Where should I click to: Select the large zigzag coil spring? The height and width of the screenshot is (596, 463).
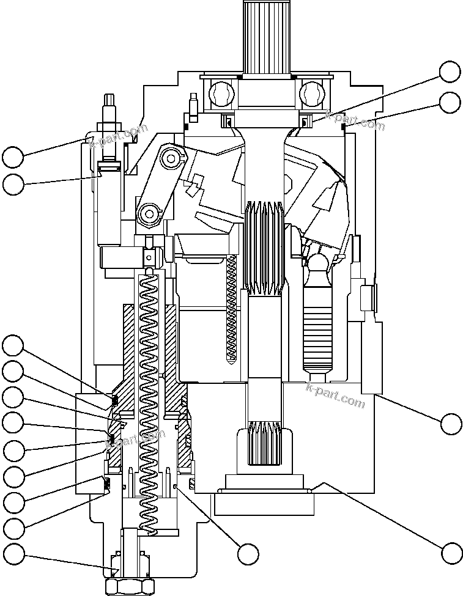pos(149,397)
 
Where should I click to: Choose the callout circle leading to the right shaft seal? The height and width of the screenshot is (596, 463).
pos(451,72)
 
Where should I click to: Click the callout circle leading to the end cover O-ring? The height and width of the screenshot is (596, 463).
pos(451,553)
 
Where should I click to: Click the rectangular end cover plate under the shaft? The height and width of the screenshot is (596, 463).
pos(264,502)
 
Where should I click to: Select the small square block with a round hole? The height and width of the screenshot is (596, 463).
pos(149,257)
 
